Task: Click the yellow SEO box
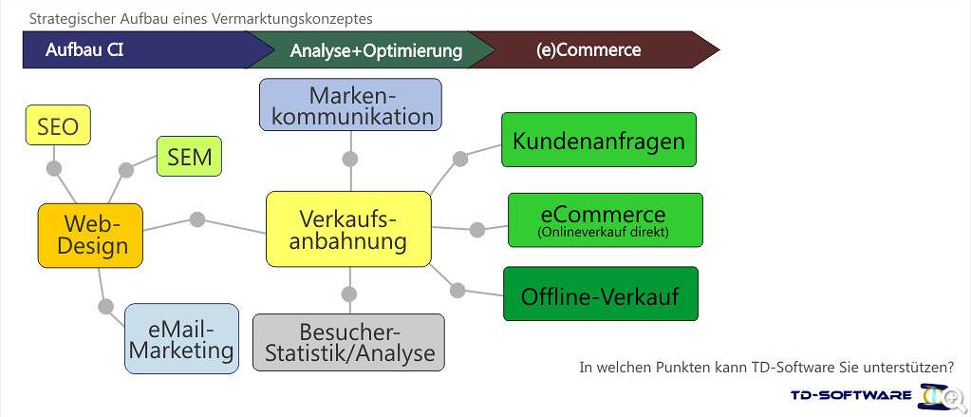[58, 125]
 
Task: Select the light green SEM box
[189, 156]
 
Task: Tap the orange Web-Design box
[90, 236]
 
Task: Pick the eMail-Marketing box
[181, 338]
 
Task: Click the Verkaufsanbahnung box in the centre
[348, 229]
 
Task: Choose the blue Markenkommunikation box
[350, 104]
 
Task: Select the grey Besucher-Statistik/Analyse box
[348, 343]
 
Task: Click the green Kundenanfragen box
[599, 140]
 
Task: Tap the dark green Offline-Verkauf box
[601, 294]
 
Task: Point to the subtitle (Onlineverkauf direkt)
[603, 233]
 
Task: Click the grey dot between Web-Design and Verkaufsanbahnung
[196, 219]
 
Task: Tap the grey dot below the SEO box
[54, 168]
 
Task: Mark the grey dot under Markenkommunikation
[350, 159]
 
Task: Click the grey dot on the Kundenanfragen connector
[460, 159]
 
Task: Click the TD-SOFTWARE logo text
[850, 395]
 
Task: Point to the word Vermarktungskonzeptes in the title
[292, 19]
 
